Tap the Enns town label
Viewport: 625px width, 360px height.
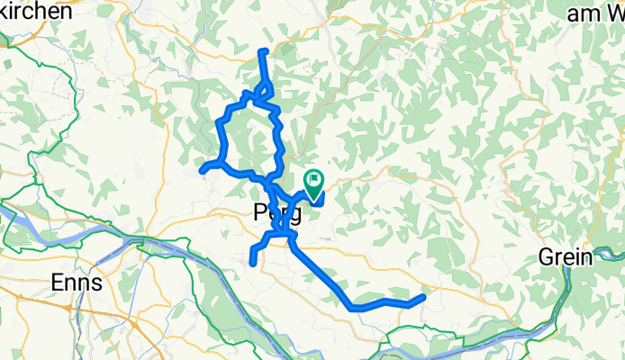point(76,282)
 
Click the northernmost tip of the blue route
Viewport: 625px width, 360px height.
point(262,50)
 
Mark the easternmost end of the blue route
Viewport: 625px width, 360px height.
point(422,296)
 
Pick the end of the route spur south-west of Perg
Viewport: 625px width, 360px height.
point(251,262)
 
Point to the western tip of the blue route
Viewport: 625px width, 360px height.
point(202,168)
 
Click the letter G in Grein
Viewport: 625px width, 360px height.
point(548,256)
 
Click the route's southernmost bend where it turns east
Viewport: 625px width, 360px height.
point(352,307)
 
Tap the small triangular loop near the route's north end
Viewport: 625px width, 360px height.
point(265,91)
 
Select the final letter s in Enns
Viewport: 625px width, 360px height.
point(95,282)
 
